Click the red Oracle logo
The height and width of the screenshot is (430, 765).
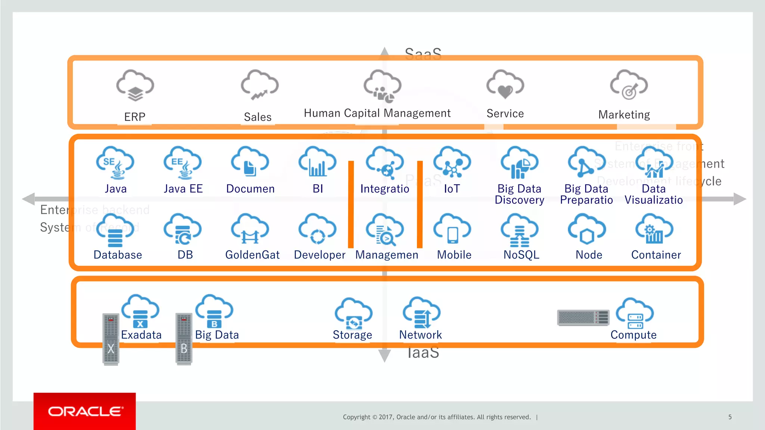tap(85, 411)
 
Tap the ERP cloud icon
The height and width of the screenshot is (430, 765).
tap(135, 85)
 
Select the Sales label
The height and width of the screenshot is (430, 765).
tap(257, 117)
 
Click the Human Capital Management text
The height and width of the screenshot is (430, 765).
tap(377, 113)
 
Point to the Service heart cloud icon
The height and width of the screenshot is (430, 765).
tap(505, 85)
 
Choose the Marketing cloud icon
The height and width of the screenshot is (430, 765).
tap(629, 85)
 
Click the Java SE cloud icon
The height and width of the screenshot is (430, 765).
tap(115, 163)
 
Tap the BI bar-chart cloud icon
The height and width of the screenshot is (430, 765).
tap(317, 163)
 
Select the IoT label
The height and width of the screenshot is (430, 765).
tap(452, 189)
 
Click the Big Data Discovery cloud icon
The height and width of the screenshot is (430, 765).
tap(519, 163)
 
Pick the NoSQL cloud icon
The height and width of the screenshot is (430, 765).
tap(520, 230)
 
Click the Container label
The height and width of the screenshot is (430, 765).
tap(656, 255)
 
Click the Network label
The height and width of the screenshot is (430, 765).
tap(420, 335)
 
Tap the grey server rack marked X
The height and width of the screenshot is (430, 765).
tap(111, 339)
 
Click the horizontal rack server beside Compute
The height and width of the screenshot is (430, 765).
tap(583, 318)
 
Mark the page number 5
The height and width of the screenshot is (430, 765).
tap(730, 417)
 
